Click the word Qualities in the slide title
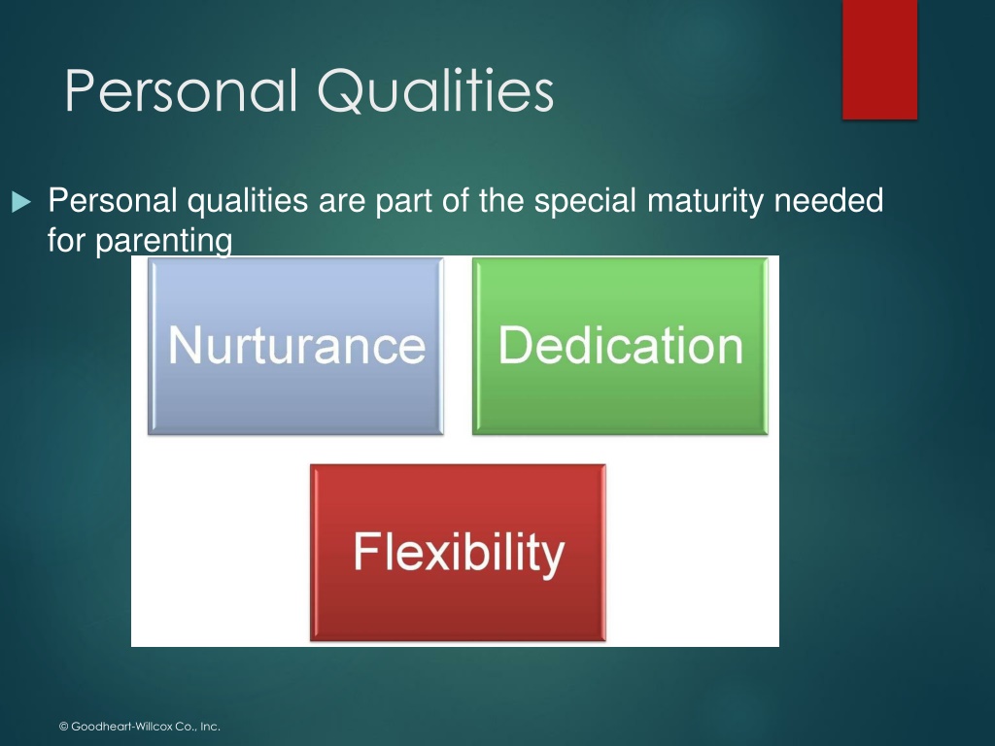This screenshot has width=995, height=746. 436,92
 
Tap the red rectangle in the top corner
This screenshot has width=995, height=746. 879,59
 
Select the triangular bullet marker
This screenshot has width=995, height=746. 21,202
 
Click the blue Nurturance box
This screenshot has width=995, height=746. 295,346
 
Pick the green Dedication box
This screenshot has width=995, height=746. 620,346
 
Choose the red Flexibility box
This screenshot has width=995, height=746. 459,553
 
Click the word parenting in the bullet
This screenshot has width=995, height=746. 163,242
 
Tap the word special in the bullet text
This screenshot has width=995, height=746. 584,201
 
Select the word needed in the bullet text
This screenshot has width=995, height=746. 829,200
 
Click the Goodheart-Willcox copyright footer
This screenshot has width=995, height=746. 140,727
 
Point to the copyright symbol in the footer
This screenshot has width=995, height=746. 63,727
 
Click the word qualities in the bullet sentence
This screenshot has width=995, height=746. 248,201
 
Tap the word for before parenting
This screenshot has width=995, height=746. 67,240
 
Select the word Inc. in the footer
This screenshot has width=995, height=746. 210,727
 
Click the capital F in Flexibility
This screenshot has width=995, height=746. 366,551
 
